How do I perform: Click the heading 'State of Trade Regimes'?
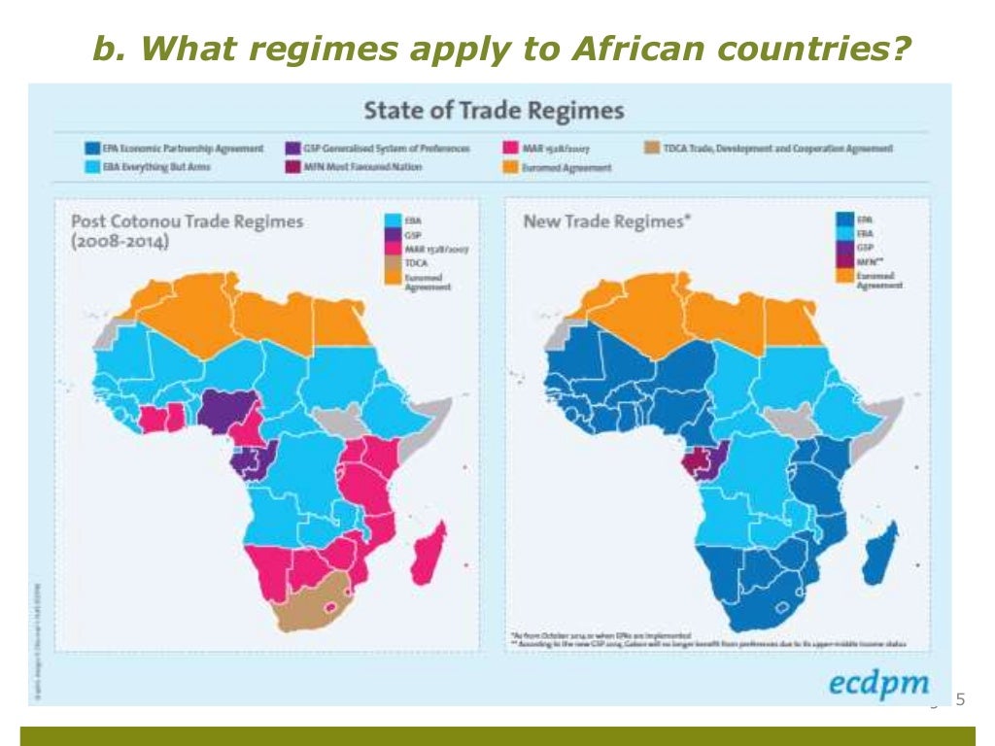coord(494,111)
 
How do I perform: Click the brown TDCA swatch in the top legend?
coord(650,149)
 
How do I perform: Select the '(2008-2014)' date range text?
coord(120,243)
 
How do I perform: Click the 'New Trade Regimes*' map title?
coord(607,221)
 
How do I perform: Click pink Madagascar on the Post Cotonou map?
coord(428,554)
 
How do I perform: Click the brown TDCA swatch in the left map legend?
coord(393,262)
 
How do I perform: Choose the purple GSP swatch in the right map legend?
coord(844,248)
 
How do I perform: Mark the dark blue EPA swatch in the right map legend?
coord(844,220)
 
